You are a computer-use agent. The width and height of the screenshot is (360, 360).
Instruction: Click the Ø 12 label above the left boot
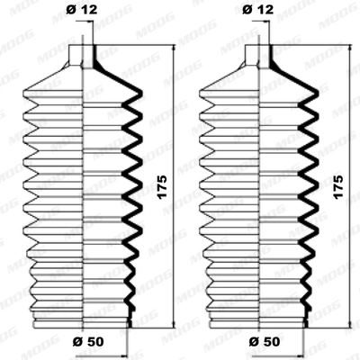point(82,11)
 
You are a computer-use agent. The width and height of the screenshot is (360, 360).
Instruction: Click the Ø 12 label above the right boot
point(262,11)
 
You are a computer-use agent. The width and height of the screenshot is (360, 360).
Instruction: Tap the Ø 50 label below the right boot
point(262,343)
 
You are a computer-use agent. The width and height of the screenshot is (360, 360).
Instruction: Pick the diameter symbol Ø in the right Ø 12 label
point(253,11)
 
